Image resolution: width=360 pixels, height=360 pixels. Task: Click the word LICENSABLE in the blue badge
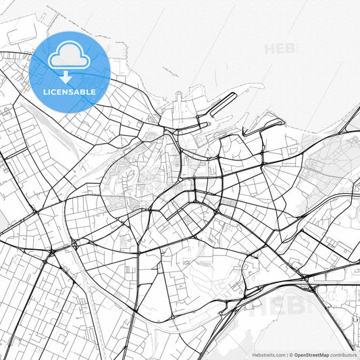(70, 92)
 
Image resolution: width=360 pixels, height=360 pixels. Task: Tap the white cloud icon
(69, 58)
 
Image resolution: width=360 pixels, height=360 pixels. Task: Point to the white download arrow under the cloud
(66, 76)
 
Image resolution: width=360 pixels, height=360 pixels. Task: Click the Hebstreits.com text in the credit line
(269, 355)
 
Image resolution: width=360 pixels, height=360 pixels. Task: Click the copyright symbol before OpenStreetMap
(292, 355)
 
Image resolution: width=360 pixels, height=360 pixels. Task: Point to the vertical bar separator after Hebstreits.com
(288, 355)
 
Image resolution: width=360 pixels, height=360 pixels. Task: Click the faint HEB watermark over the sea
(278, 49)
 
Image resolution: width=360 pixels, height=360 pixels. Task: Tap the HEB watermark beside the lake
(270, 305)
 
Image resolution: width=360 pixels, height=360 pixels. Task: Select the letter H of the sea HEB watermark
(269, 49)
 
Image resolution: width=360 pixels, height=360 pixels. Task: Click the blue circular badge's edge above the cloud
(70, 33)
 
